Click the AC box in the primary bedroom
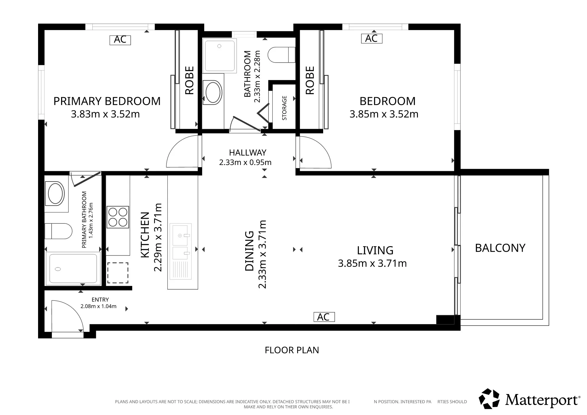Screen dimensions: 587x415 point(120,40)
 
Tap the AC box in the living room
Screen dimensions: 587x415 point(324,317)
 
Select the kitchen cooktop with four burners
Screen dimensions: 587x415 point(118,217)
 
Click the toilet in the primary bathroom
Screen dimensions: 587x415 point(58,231)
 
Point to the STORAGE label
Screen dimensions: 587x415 point(284,108)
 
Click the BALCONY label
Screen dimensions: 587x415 point(500,248)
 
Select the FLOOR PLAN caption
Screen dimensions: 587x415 point(292,350)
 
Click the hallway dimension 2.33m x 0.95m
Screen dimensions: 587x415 point(245,162)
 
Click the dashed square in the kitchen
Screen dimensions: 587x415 point(117,273)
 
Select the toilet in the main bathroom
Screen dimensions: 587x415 point(282,55)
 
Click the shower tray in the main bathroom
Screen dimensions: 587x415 point(219,56)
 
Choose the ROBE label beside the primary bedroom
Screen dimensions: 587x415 point(189,80)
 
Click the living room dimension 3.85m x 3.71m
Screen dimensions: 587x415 point(372,263)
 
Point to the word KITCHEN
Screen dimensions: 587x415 point(145,235)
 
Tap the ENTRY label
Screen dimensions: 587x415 point(100,300)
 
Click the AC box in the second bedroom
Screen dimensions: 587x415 point(372,38)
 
